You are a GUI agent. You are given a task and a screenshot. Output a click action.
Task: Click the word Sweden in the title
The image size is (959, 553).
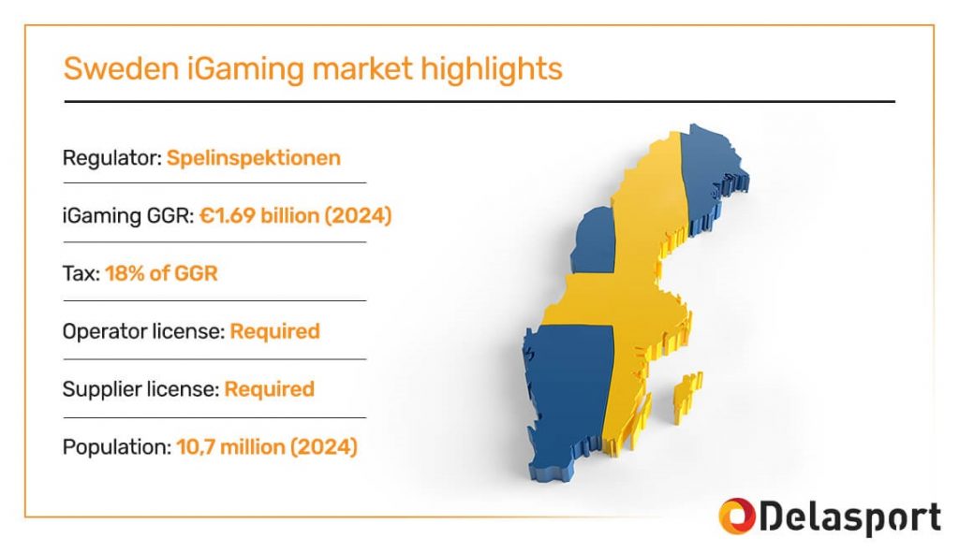(x=121, y=67)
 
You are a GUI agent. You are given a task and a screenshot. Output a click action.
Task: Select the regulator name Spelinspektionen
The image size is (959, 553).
(x=253, y=158)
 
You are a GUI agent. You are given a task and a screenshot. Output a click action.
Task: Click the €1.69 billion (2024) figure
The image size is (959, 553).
(x=295, y=216)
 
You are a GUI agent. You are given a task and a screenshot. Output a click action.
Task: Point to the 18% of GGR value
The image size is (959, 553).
(x=161, y=273)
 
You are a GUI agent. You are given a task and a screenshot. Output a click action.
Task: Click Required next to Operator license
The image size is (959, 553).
(x=274, y=331)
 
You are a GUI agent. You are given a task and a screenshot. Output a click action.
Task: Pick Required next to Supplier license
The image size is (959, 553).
(x=269, y=389)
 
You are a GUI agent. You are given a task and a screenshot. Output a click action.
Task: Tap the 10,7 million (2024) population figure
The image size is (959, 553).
(x=267, y=447)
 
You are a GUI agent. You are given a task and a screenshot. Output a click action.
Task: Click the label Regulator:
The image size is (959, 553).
(x=112, y=158)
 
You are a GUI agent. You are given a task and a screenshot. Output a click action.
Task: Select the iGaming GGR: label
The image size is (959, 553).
(x=128, y=216)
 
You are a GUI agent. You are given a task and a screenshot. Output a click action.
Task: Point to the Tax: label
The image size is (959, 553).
(x=81, y=273)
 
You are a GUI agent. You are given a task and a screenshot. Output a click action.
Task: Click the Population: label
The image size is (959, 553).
(x=117, y=447)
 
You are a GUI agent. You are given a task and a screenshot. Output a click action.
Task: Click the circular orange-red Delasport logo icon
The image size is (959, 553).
(x=737, y=517)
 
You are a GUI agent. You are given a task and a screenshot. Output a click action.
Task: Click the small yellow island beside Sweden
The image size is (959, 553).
(x=686, y=397)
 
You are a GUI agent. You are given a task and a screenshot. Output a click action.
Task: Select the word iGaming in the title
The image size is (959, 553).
(x=245, y=69)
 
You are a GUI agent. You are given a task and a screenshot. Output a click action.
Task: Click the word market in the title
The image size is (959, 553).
(x=362, y=67)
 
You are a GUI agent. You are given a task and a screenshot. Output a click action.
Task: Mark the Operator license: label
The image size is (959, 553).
(x=143, y=331)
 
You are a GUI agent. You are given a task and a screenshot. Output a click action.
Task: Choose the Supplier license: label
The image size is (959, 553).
(x=140, y=389)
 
